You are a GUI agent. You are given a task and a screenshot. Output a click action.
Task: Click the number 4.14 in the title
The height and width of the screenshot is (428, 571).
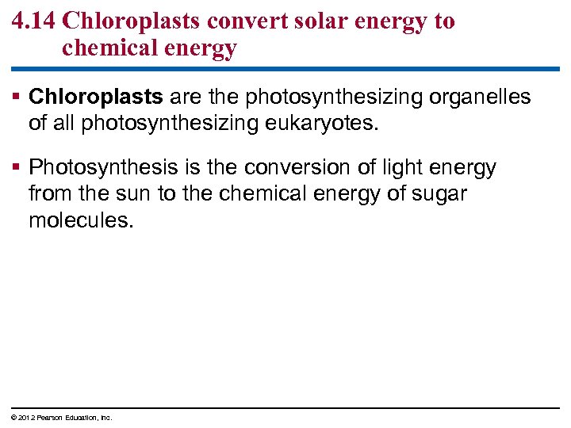pyautogui.click(x=33, y=21)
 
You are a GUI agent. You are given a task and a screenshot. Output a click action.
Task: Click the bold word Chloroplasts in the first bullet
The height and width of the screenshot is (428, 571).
pyautogui.click(x=96, y=97)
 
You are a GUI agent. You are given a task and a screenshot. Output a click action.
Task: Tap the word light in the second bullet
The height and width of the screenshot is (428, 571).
pyautogui.click(x=398, y=167)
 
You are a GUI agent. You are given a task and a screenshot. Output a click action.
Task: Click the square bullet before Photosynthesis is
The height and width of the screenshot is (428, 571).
pyautogui.click(x=17, y=168)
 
